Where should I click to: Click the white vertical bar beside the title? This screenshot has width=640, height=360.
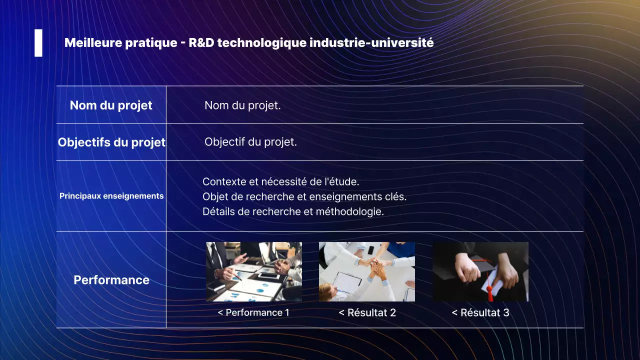38,43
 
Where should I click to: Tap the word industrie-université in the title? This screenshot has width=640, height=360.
371,43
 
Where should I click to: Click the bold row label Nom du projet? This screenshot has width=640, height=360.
111,105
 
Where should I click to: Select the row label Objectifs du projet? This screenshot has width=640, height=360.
111,142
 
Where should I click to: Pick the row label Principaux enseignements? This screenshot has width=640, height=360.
111,196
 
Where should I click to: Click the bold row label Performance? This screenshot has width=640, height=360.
111,280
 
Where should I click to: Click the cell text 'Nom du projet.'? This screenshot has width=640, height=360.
242,105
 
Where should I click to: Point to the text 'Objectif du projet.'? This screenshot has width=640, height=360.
250,142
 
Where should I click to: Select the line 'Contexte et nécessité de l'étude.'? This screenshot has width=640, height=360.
280,182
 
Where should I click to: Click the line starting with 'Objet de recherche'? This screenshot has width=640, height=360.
304,196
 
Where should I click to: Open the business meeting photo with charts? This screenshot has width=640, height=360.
254,271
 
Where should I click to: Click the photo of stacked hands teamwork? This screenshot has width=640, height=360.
367,271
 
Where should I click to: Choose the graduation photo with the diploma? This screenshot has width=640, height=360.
480,271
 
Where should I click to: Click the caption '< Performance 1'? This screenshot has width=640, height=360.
253,313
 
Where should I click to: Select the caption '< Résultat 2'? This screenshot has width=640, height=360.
367,313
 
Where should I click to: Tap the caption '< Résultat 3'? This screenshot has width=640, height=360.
480,313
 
